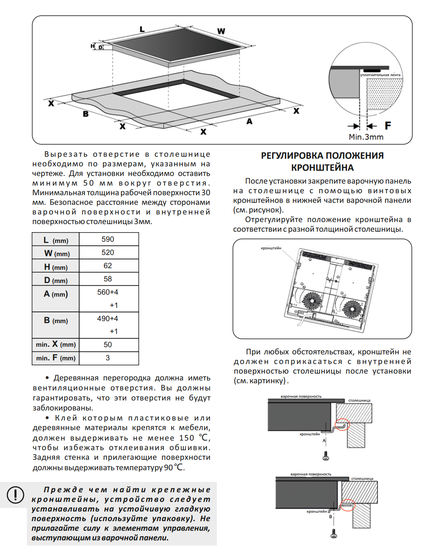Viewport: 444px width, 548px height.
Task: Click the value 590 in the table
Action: click(107, 239)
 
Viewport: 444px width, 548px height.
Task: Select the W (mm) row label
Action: click(57, 253)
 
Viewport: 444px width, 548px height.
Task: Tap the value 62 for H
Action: click(107, 266)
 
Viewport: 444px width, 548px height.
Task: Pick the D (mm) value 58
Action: click(107, 279)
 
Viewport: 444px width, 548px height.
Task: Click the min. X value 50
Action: click(107, 345)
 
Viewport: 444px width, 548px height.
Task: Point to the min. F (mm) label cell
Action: click(56, 358)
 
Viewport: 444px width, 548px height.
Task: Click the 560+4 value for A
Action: click(107, 292)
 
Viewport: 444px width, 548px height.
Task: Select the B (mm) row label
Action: click(56, 321)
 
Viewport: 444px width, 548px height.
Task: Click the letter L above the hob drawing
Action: click(142, 29)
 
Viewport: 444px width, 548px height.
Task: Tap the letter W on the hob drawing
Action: click(221, 31)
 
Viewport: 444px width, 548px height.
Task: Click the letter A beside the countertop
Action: click(249, 121)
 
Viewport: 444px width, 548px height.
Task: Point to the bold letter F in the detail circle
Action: click(387, 126)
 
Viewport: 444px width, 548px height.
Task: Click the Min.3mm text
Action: click(366, 137)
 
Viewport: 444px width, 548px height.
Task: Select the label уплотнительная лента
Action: click(380, 75)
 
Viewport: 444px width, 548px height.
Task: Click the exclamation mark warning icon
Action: click(15, 495)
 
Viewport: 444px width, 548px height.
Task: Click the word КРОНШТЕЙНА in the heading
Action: click(322, 168)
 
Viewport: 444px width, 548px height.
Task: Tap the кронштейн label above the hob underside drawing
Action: click(271, 248)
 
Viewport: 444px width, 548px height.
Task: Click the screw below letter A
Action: click(325, 456)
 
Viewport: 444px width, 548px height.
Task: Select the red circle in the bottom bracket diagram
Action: click(347, 505)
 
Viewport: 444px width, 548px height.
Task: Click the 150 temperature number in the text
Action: click(186, 438)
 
